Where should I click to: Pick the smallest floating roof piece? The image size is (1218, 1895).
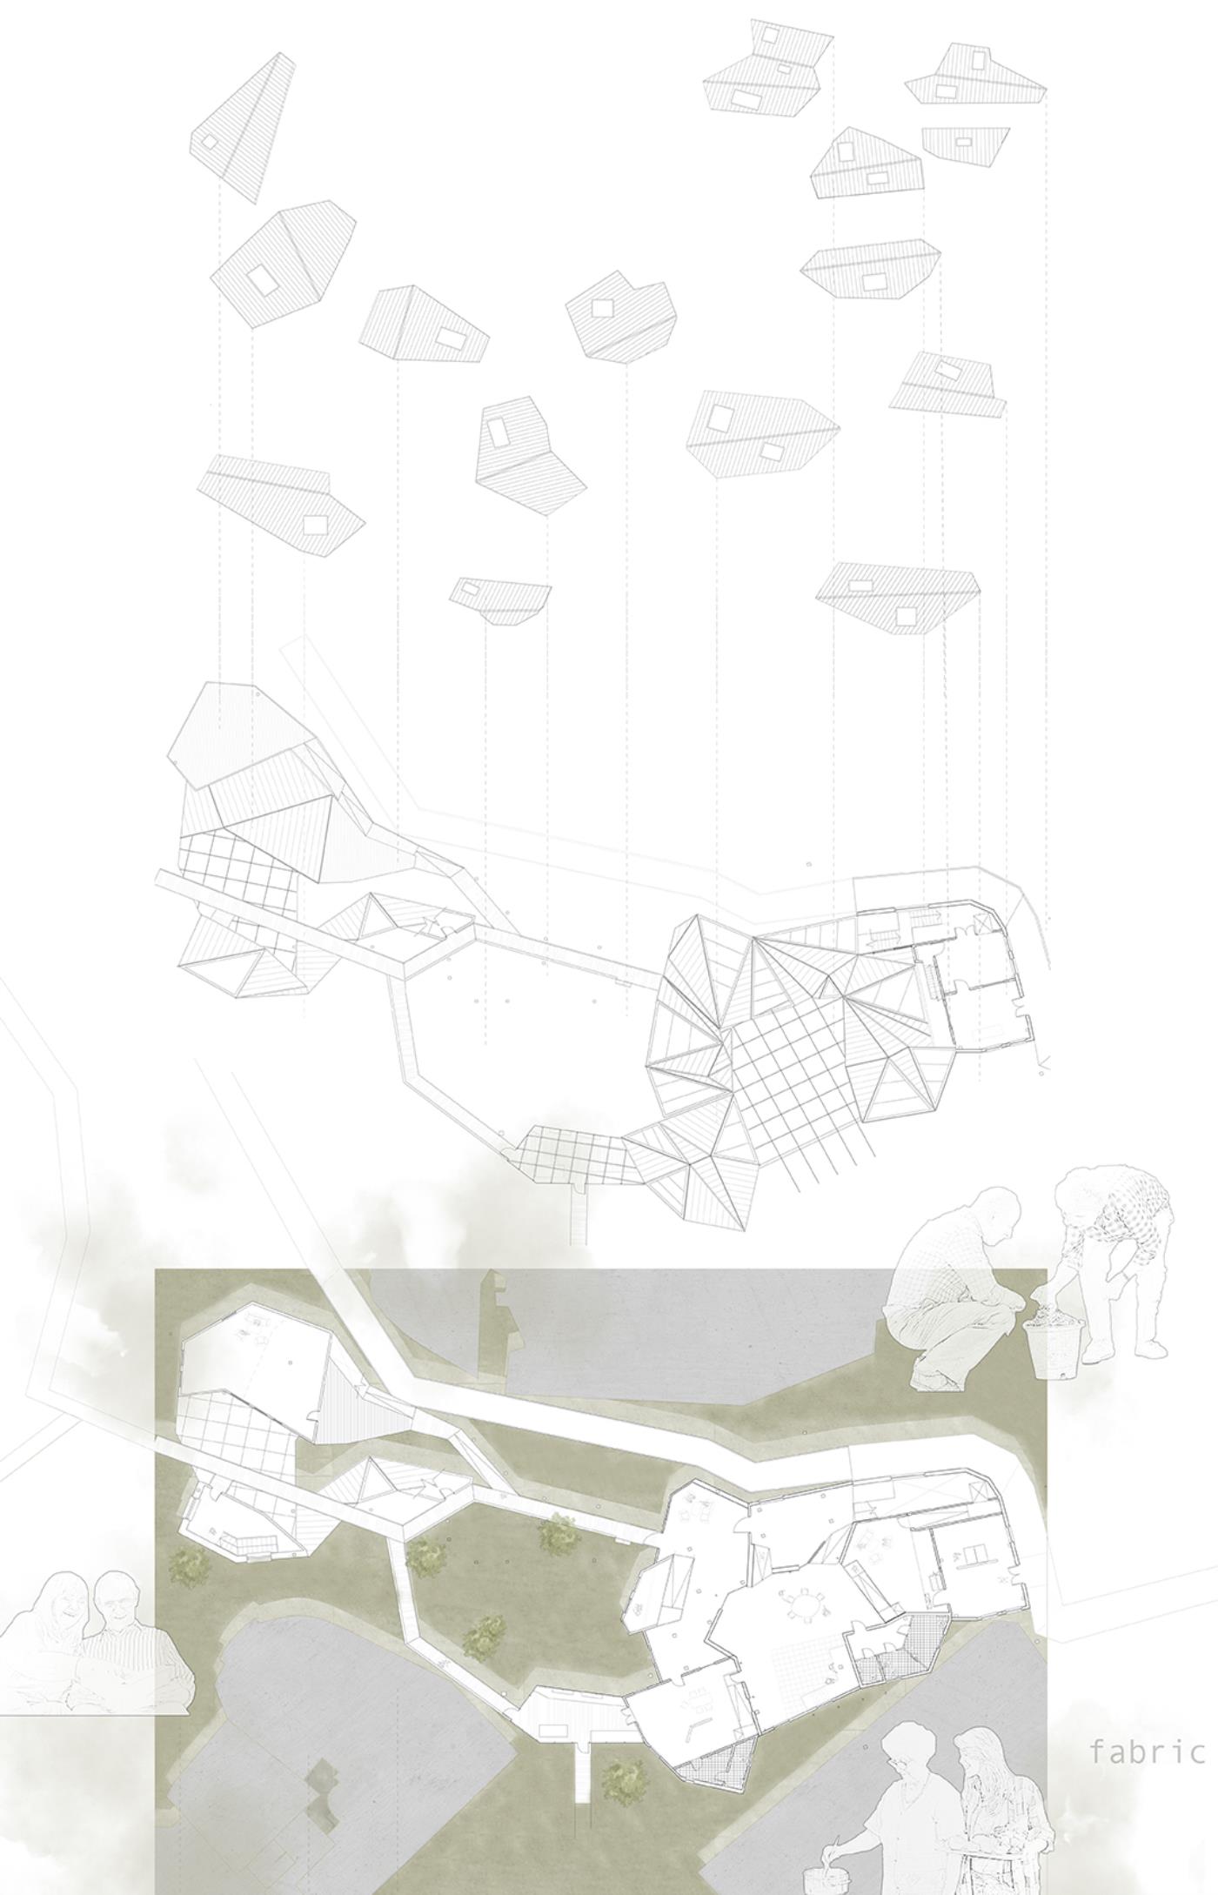[499, 601]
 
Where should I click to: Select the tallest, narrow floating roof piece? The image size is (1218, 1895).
[243, 127]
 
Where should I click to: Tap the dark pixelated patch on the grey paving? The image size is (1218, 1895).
[321, 1778]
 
